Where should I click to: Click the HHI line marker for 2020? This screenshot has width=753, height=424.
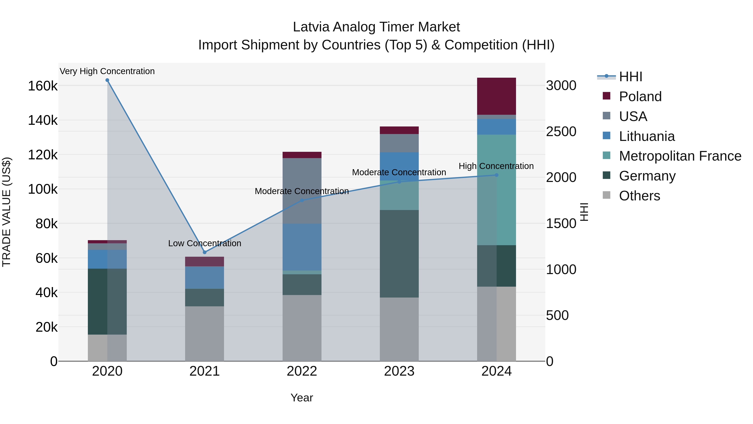click(107, 80)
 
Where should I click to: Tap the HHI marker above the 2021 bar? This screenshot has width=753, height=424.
click(205, 252)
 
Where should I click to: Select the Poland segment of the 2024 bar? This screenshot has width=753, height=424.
click(496, 96)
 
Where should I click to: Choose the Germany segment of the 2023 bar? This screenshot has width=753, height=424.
click(399, 254)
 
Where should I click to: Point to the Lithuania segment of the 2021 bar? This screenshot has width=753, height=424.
click(205, 278)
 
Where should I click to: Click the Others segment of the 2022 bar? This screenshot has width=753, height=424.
click(302, 328)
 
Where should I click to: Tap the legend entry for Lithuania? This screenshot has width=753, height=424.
click(647, 136)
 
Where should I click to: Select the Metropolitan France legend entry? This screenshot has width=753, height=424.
click(680, 156)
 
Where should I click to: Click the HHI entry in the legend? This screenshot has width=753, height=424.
click(630, 77)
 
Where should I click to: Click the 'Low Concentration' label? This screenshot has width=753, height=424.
click(205, 243)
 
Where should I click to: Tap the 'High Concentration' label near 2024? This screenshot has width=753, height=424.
click(496, 166)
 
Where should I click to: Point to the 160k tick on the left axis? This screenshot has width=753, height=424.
click(43, 86)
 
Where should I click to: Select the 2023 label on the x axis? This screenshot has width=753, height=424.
click(399, 371)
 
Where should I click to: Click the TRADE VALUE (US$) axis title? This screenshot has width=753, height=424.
click(6, 212)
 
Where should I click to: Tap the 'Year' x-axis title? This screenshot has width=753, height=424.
click(302, 398)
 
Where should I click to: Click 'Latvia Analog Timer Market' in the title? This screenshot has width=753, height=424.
click(376, 27)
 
